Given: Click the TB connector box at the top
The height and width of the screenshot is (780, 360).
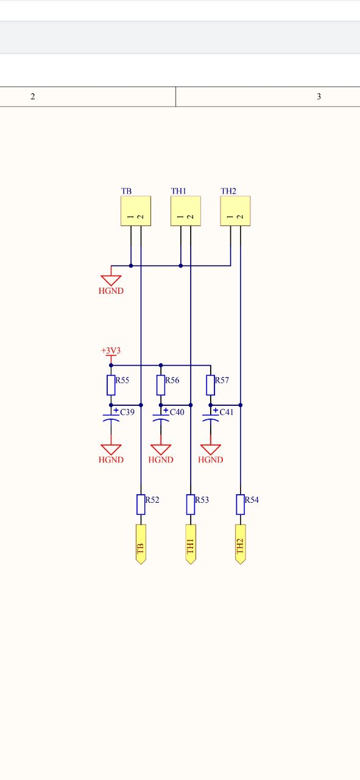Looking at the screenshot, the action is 136,211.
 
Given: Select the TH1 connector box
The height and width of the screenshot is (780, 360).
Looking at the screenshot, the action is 186,211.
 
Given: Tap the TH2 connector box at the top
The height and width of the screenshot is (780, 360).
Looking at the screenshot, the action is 235,211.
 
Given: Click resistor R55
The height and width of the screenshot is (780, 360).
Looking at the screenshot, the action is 111,385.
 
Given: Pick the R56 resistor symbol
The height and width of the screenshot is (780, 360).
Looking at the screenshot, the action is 161,385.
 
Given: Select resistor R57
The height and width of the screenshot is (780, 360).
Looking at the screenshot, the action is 211,385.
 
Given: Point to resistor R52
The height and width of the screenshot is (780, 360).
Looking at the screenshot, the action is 141,505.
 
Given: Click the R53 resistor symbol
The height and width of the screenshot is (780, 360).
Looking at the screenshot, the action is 191,505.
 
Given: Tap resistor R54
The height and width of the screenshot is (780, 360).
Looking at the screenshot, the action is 240,505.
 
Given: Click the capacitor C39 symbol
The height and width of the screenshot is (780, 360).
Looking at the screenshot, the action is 111,418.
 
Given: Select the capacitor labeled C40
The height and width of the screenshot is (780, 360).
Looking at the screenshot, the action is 161,418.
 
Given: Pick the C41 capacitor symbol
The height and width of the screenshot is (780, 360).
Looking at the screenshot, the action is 211,418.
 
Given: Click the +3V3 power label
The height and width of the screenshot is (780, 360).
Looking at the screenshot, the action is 111,350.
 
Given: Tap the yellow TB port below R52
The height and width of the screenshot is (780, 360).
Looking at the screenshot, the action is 141,544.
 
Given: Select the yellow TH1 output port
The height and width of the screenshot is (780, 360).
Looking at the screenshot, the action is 191,544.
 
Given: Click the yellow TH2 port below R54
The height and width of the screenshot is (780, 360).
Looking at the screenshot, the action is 240,544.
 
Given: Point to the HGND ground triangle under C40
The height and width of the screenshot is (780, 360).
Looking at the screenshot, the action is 161,450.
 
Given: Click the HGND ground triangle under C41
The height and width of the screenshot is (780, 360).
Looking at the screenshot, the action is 211,450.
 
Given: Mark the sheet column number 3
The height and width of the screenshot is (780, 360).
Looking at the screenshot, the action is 319,96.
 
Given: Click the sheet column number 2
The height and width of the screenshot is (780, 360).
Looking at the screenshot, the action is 33,96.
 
